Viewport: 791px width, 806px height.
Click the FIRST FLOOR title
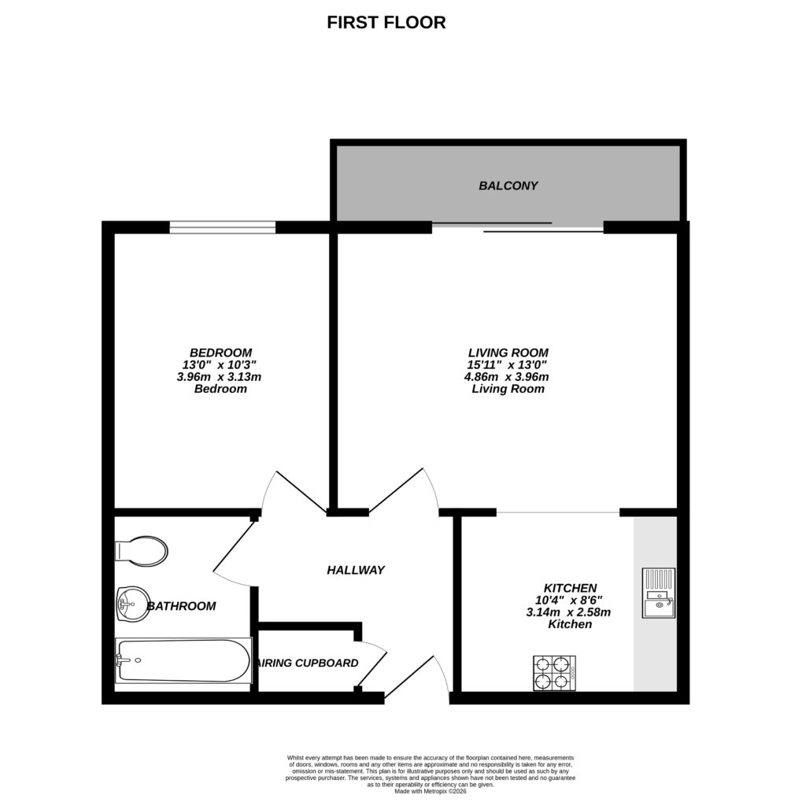(x=386, y=23)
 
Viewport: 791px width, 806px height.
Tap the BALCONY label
(x=508, y=187)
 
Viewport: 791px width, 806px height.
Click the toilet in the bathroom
(x=142, y=551)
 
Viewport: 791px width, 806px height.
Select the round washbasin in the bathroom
(x=131, y=604)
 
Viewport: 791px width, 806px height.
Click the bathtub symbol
(x=183, y=661)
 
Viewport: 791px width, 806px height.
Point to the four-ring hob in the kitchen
(x=554, y=673)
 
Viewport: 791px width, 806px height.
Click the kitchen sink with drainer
(x=658, y=593)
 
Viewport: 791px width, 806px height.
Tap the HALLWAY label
(x=356, y=570)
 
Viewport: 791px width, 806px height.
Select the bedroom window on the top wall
(x=223, y=227)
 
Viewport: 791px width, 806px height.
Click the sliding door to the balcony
(x=518, y=228)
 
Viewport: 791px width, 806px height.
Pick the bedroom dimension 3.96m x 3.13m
(x=219, y=377)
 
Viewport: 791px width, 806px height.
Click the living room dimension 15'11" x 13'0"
(x=508, y=365)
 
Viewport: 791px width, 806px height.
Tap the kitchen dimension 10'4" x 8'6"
(x=569, y=601)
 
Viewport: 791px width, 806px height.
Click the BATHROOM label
(x=181, y=606)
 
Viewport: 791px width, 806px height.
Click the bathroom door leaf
(x=235, y=546)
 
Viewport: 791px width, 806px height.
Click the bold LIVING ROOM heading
(x=508, y=353)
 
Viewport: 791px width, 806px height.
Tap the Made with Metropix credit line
(x=431, y=790)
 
